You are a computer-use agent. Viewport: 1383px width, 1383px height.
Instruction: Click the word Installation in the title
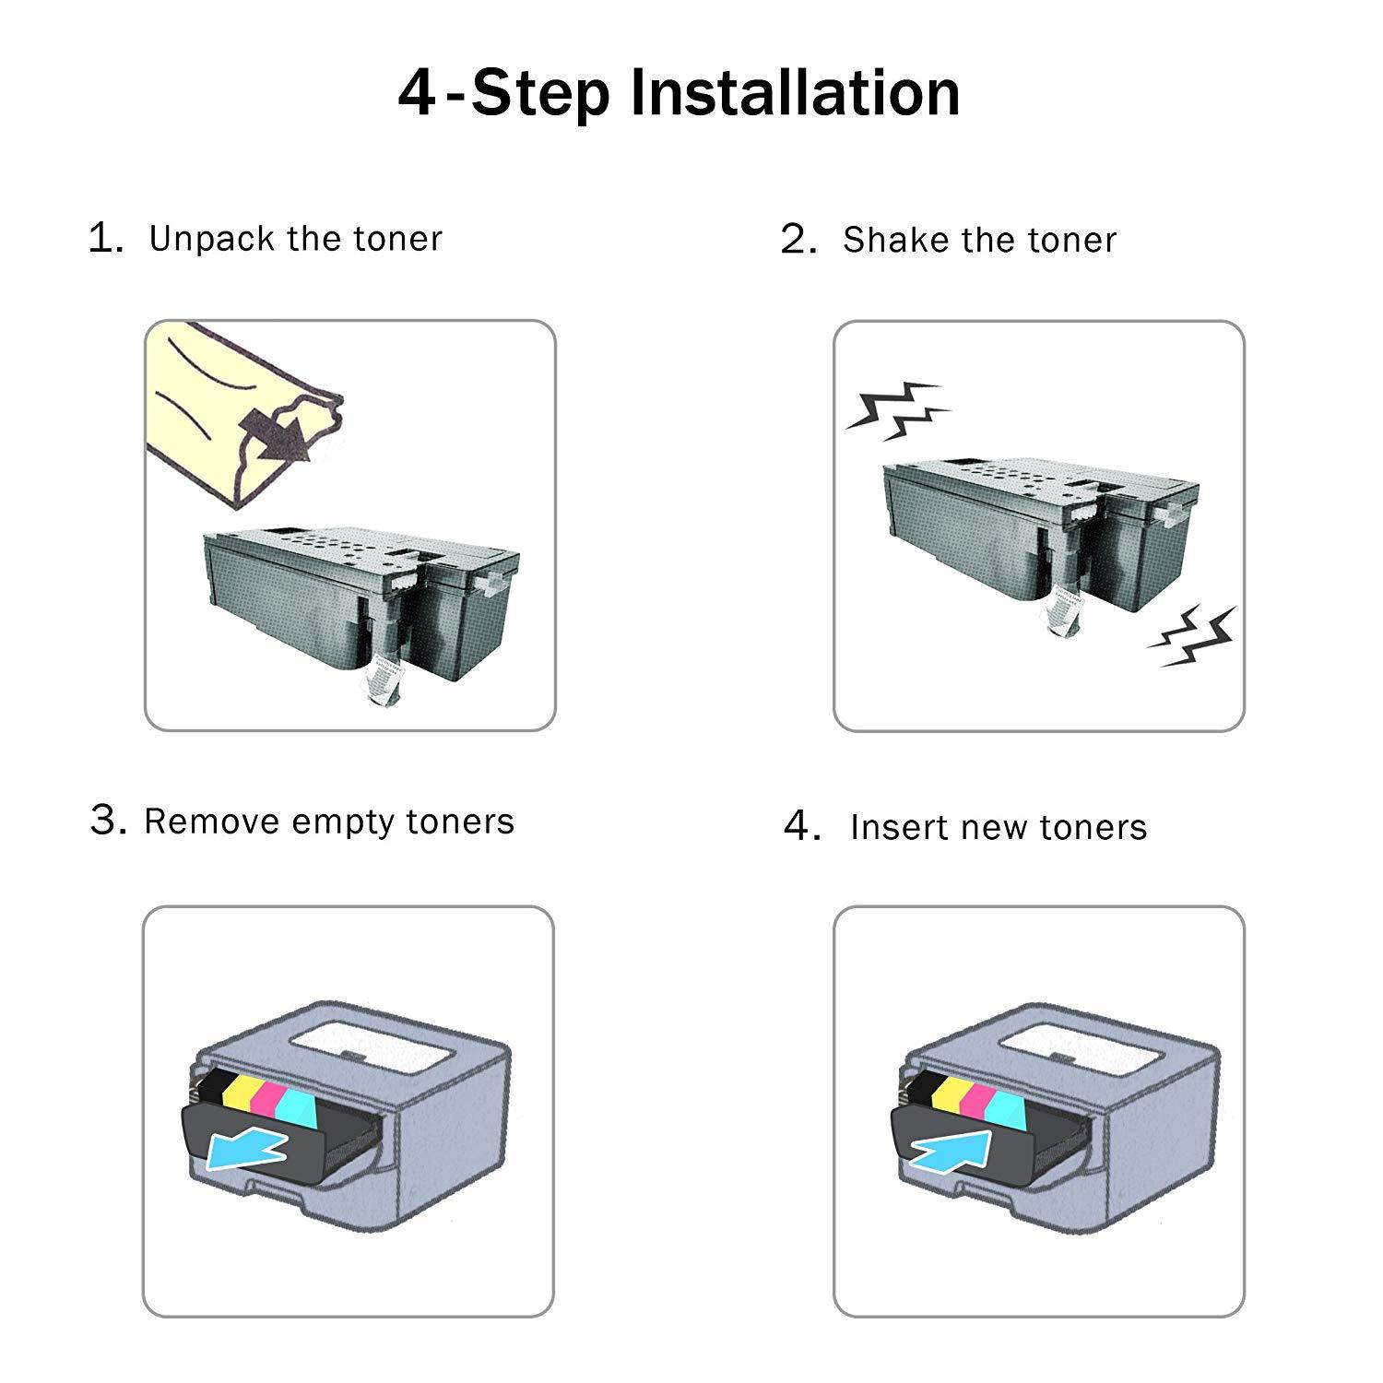click(795, 93)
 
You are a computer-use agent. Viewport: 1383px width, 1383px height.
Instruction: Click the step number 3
click(108, 820)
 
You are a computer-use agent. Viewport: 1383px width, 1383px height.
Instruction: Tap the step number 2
click(798, 240)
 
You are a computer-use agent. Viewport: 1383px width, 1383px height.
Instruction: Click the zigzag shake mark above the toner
click(898, 408)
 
